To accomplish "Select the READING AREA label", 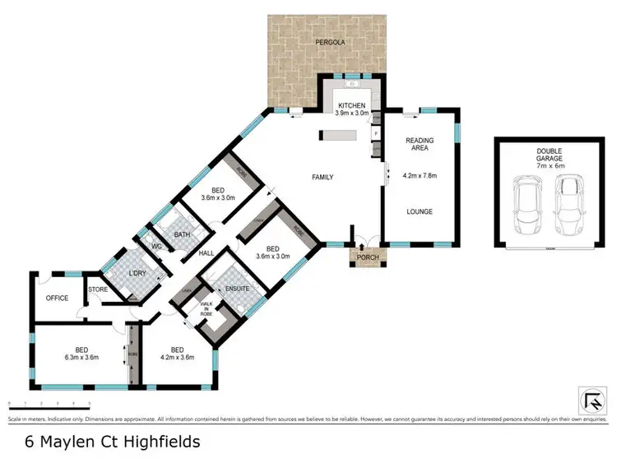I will pos(420,146).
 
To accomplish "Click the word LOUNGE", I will pos(420,211).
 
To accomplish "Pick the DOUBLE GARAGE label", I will pos(540,155).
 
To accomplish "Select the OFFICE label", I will pos(57,298).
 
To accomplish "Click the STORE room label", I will pos(98,289).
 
